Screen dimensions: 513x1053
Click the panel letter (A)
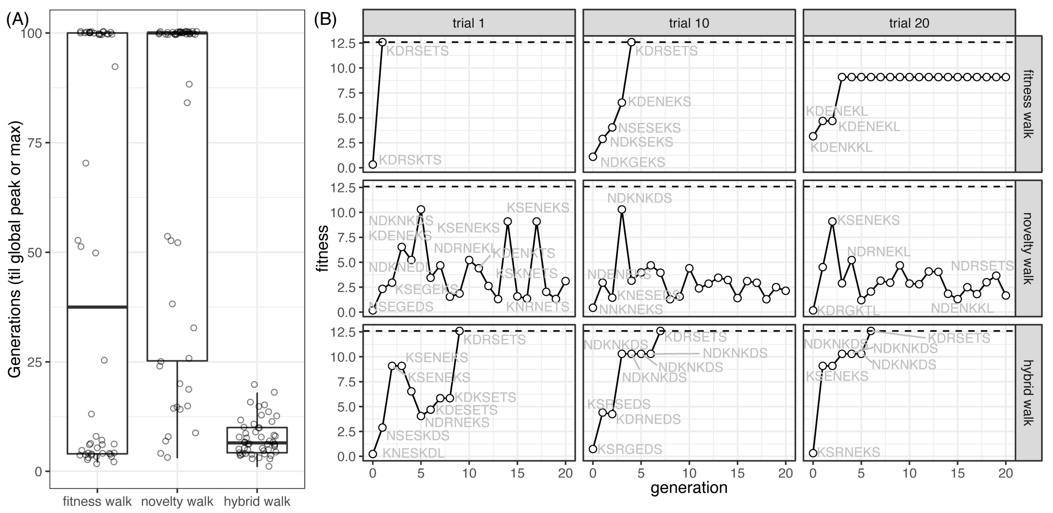17,20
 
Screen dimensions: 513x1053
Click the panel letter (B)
325,20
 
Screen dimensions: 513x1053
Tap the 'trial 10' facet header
689,23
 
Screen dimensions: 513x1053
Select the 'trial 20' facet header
909,23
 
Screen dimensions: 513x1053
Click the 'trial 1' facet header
468,23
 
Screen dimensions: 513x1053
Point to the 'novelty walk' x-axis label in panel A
177,501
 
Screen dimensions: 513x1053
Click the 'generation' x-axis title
689,488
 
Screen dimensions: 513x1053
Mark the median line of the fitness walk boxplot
97,307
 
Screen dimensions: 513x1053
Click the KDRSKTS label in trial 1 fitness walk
410,160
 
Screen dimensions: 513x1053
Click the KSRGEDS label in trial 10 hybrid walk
630,449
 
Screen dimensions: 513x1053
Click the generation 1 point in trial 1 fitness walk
383,42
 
